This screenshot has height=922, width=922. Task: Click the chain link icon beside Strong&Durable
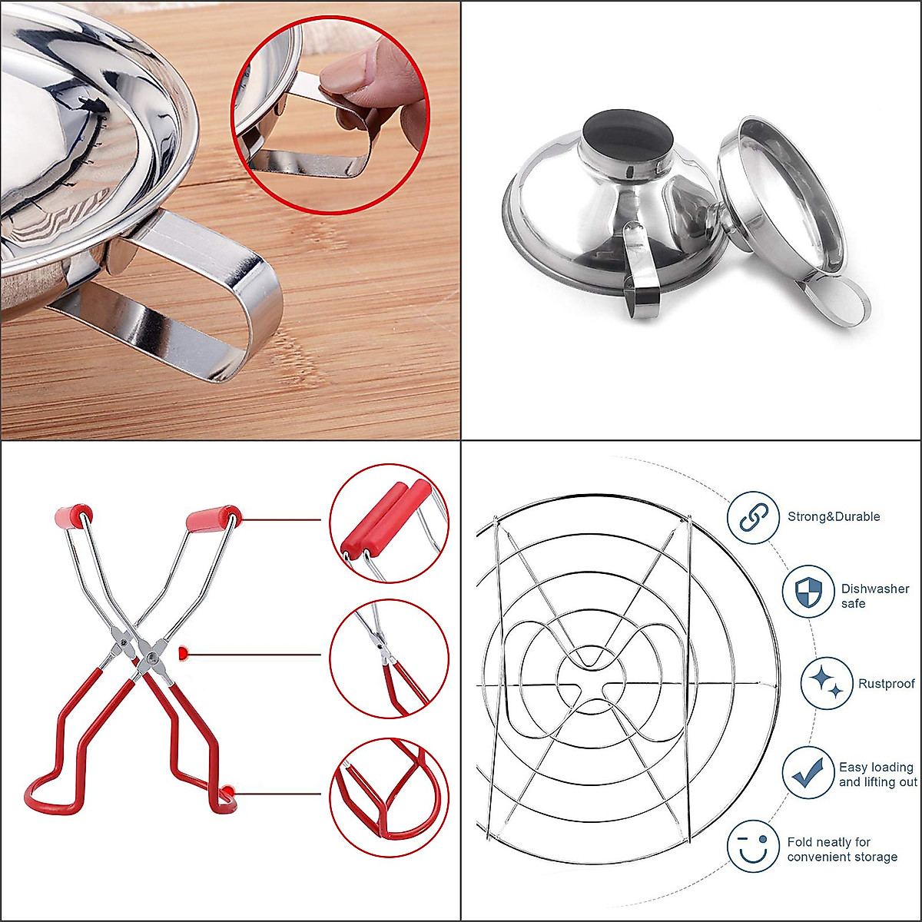pyautogui.click(x=753, y=518)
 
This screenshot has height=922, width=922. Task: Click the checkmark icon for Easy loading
pyautogui.click(x=808, y=772)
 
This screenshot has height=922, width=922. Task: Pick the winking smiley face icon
pyautogui.click(x=754, y=846)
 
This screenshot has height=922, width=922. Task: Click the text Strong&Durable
pyautogui.click(x=834, y=516)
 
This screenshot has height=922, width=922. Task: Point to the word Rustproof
pyautogui.click(x=887, y=684)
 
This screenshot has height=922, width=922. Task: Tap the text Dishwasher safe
pyautogui.click(x=874, y=596)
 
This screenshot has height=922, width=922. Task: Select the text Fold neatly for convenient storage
pyautogui.click(x=842, y=849)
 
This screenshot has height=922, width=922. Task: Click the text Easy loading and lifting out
pyautogui.click(x=877, y=774)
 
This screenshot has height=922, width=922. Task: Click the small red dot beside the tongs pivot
pyautogui.click(x=183, y=653)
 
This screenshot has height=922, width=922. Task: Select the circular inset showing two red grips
pyautogui.click(x=389, y=523)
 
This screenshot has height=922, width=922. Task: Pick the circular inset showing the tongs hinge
pyautogui.click(x=389, y=658)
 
